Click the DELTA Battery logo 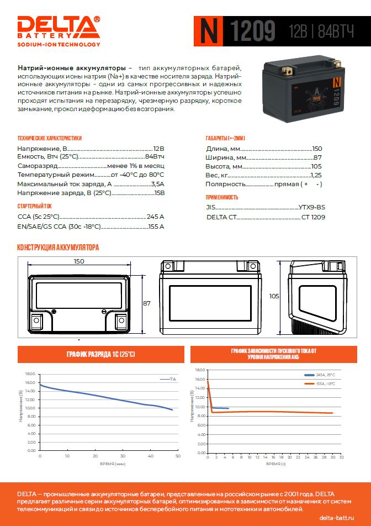59,30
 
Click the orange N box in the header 208,31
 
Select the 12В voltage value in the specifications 158,149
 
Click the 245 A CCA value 155,217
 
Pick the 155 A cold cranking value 156,226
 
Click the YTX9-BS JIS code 312,207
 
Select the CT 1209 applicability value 313,217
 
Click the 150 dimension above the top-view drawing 79,261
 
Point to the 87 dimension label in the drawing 147,303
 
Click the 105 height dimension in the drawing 274,296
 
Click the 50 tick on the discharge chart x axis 178,456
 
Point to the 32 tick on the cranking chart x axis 342,457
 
